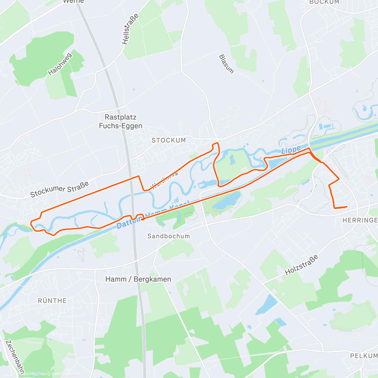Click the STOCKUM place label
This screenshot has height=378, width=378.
(x=169, y=140)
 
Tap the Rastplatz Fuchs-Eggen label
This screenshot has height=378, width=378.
(x=120, y=122)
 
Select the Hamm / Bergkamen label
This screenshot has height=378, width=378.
(x=138, y=279)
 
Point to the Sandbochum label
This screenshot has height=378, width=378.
(x=169, y=236)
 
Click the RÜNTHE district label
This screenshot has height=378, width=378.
(x=52, y=301)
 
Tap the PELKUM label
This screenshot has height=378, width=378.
(x=364, y=356)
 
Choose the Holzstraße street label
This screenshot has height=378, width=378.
(x=301, y=265)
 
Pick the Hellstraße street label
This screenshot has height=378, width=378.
(x=130, y=29)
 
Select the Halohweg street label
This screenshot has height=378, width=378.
(x=60, y=64)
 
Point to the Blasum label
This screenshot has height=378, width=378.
(x=226, y=64)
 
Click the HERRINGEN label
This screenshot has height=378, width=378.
(x=360, y=220)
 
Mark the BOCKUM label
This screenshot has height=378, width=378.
(x=324, y=2)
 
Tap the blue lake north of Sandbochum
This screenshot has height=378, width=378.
(x=227, y=201)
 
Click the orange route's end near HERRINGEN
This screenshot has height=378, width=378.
(x=346, y=207)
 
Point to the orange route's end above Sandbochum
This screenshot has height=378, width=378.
(x=142, y=219)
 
